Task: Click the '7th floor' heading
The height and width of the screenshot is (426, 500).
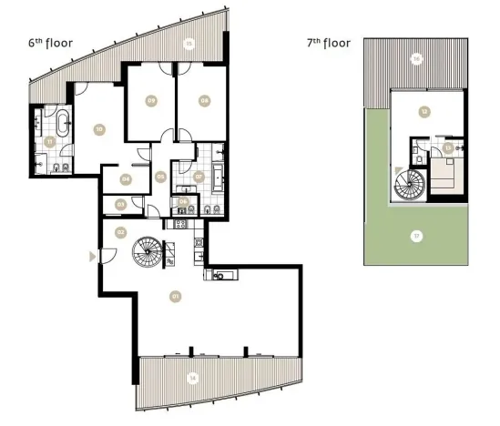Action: coord(330,43)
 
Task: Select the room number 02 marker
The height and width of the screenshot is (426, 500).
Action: coord(120,232)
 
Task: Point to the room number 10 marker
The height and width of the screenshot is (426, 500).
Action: coord(98,129)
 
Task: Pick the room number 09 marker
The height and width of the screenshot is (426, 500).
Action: coord(150,100)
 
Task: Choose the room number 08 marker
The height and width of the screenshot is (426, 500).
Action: coord(204,100)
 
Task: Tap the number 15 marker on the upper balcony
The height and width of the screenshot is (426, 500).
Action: coord(189,43)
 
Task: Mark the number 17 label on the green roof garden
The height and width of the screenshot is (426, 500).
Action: coord(416,237)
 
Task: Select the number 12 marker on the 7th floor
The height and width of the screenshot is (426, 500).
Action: coord(423,112)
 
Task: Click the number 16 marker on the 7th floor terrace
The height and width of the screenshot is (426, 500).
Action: coord(416,58)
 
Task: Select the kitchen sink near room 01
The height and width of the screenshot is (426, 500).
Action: coord(219,276)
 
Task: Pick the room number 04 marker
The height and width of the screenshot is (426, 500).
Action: coord(126,179)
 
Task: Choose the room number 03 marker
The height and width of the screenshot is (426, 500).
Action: coord(120,205)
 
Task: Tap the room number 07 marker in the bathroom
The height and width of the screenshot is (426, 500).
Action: coord(199,176)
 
